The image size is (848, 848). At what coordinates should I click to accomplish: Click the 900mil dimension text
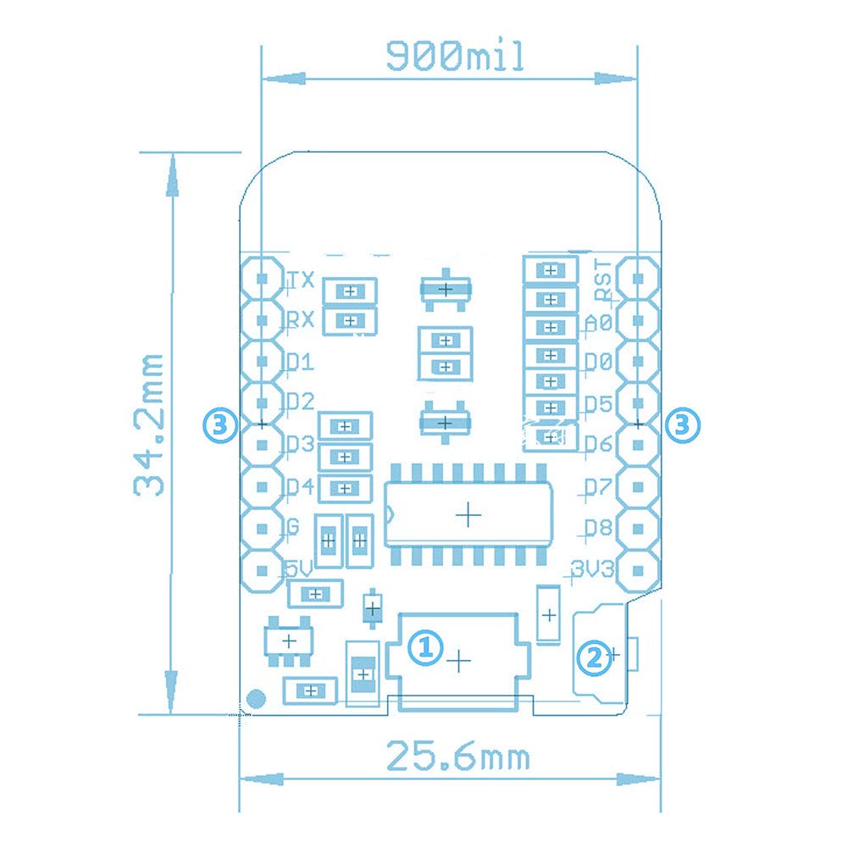coord(455,56)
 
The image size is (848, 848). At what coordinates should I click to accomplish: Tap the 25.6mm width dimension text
coord(457,756)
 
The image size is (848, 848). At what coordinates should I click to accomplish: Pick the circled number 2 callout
coord(593,655)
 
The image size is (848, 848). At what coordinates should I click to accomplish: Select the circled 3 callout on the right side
coord(683,424)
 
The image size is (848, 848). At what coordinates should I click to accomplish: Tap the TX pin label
coord(302,280)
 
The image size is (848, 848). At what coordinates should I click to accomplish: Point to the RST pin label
coord(602,280)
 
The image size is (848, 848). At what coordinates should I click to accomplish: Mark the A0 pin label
coord(598,323)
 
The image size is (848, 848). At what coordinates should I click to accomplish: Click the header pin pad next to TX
coord(263,278)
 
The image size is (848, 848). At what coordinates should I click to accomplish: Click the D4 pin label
coord(300,487)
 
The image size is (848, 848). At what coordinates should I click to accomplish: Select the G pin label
coord(293,528)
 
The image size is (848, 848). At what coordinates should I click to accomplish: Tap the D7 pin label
coord(598,487)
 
